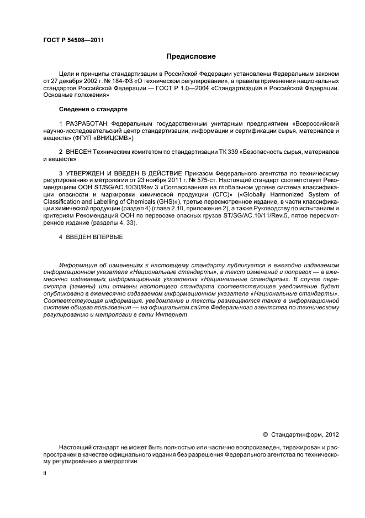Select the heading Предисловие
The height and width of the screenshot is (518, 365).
(x=187, y=56)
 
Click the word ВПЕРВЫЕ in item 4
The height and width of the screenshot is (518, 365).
(x=106, y=237)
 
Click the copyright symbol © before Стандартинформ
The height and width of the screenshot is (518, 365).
(x=265, y=434)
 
